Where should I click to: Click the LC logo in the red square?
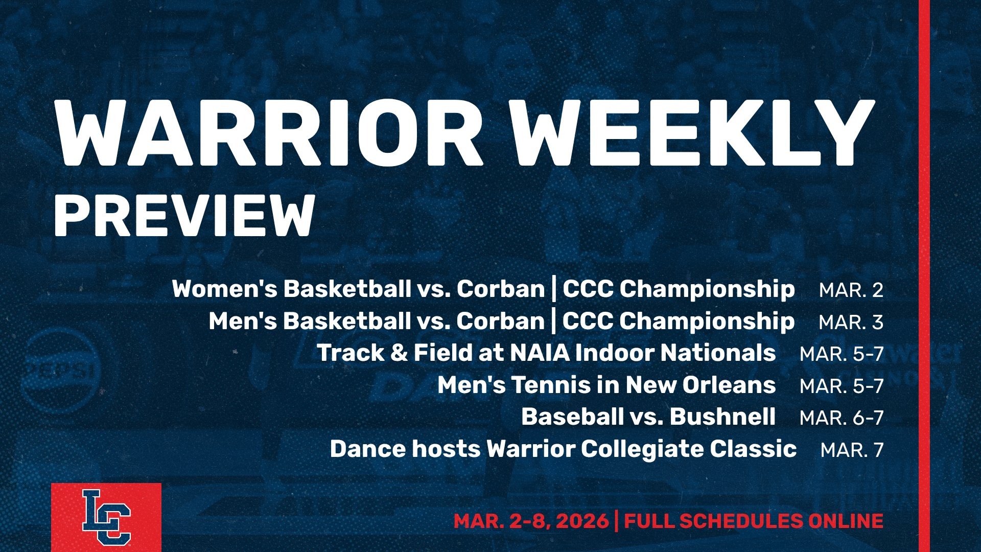[x=106, y=516]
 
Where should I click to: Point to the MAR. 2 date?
[x=851, y=290]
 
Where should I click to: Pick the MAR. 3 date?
[x=851, y=323]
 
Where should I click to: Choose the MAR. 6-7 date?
[x=842, y=418]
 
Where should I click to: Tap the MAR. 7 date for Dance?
[x=852, y=450]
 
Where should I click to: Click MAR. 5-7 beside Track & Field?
[x=842, y=354]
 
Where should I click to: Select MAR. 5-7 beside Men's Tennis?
[x=842, y=386]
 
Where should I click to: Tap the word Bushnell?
[x=722, y=417]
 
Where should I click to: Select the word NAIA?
[x=539, y=353]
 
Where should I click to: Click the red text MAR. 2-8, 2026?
[x=531, y=521]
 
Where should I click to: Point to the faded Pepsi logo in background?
[x=64, y=370]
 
